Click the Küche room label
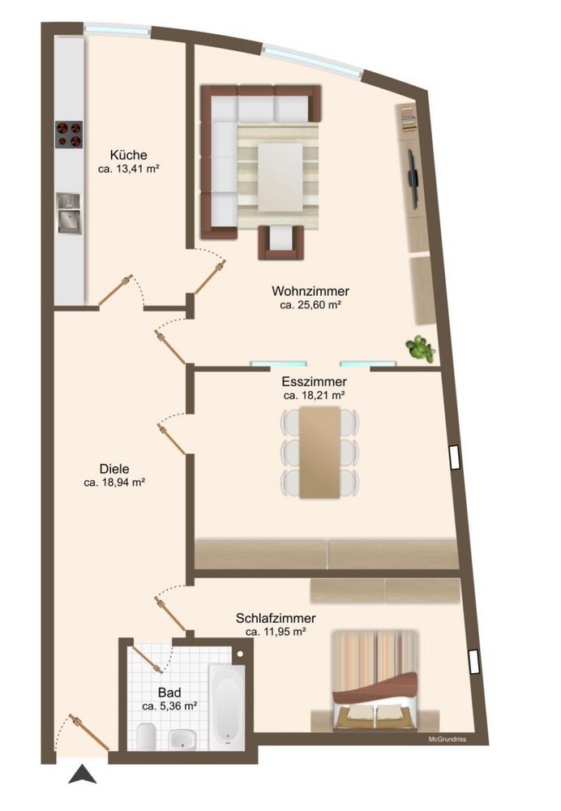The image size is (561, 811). [128, 155]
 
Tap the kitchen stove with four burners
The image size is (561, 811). [69, 135]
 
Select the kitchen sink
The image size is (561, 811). [69, 212]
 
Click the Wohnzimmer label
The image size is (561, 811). [310, 291]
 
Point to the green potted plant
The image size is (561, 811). [421, 348]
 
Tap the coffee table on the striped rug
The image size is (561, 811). [280, 177]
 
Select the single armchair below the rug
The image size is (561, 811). [280, 242]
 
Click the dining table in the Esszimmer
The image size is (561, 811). [320, 453]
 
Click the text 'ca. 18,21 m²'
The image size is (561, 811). [315, 396]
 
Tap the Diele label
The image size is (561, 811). [114, 469]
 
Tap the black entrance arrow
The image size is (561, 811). [82, 775]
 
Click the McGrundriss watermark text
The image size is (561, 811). [448, 739]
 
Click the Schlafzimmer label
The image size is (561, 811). [276, 618]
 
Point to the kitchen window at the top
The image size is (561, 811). [118, 29]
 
